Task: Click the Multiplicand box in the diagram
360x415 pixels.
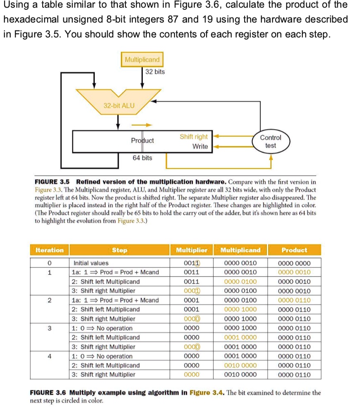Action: click(142, 60)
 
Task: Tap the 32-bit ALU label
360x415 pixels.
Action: click(119, 105)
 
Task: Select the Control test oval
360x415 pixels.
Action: click(271, 141)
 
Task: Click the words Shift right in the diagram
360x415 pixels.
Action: click(194, 137)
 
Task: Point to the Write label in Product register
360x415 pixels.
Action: click(200, 146)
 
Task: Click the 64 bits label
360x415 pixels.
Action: click(142, 158)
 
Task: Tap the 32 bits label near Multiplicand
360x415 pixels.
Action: click(155, 72)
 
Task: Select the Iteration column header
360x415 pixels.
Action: click(49, 250)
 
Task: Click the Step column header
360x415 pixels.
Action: click(120, 250)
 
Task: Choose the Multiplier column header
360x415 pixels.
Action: click(192, 250)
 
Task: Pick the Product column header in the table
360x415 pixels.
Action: click(294, 250)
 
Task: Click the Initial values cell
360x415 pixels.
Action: click(91, 263)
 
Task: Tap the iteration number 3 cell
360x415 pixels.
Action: click(49, 328)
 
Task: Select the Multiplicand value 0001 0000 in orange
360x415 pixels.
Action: click(240, 337)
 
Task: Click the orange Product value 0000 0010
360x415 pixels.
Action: click(294, 272)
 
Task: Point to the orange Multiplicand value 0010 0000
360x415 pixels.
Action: click(240, 365)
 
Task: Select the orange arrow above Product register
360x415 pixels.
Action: click(142, 124)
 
